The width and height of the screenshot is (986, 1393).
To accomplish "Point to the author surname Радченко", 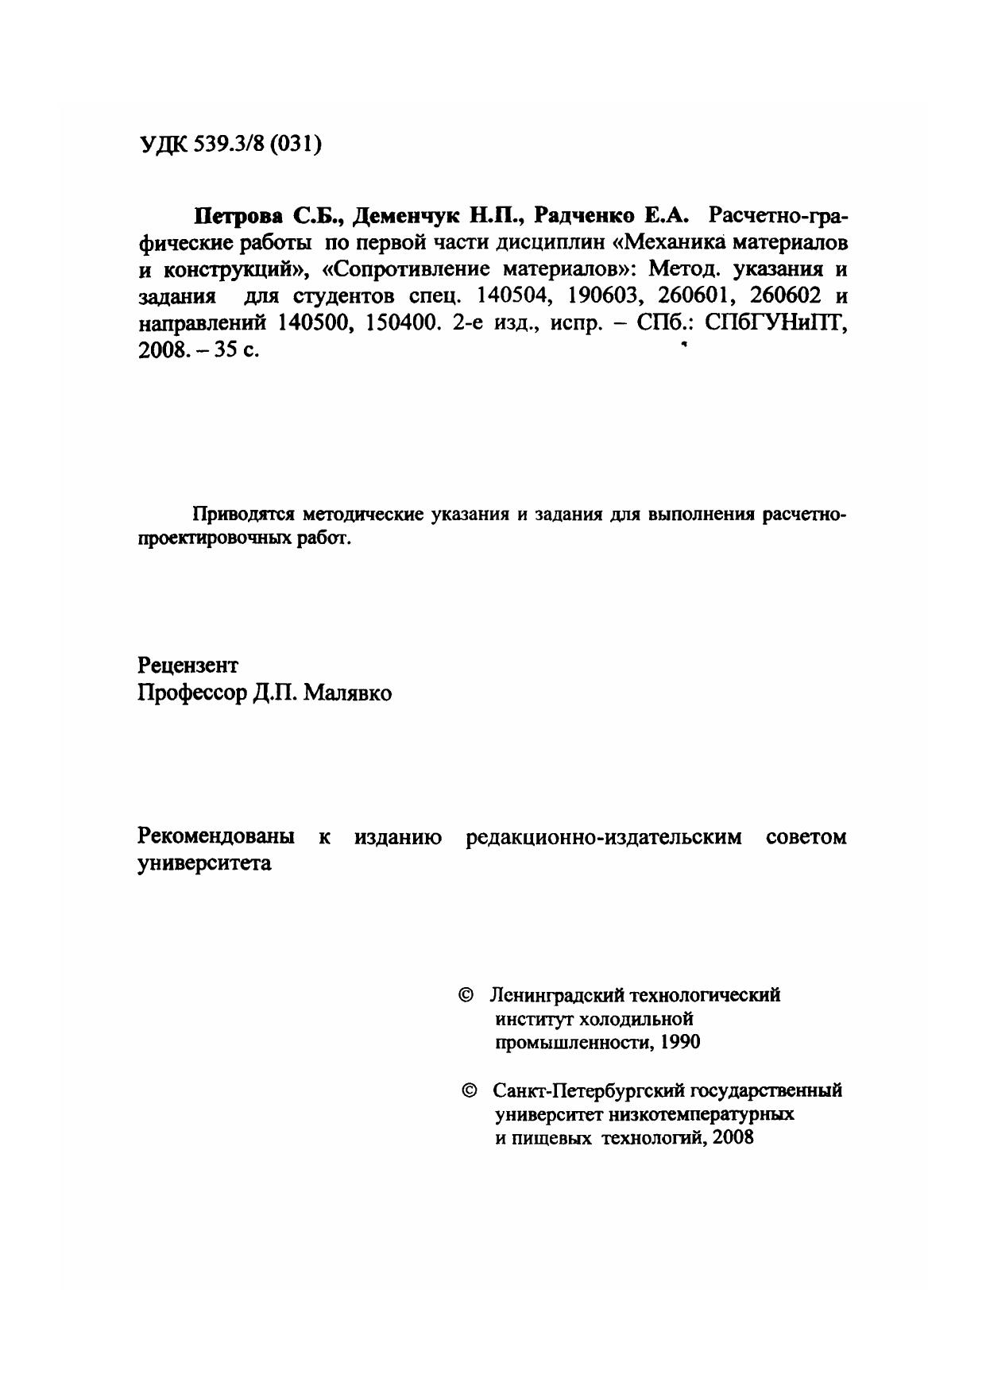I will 586,215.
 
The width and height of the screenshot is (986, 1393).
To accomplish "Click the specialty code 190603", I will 602,297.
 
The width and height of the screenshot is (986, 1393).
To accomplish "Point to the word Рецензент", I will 188,664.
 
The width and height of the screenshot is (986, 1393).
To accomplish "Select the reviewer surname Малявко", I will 349,693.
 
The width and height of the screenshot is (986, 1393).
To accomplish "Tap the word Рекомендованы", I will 216,836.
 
